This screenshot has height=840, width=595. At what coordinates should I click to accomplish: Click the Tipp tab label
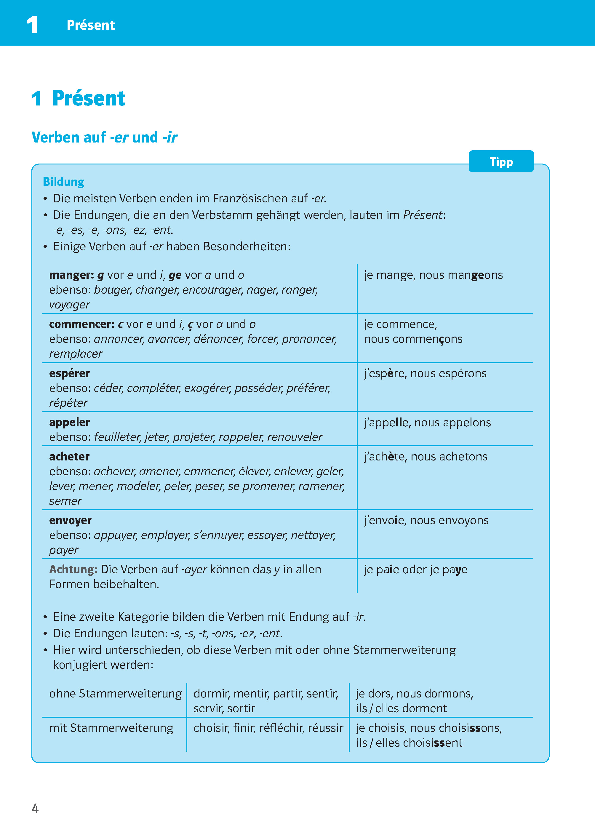point(501,161)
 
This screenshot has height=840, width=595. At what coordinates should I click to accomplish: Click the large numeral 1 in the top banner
point(32,25)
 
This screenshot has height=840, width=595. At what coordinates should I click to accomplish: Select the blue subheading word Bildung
point(63,182)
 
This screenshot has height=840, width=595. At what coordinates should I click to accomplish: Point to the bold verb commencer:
point(82,324)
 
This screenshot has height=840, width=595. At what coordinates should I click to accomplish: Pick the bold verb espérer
point(69,373)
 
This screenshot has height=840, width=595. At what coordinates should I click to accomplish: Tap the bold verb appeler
point(69,423)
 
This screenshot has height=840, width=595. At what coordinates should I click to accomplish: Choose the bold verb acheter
point(69,457)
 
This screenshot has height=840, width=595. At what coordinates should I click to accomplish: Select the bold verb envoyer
point(70,520)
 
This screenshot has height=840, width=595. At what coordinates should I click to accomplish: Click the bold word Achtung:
point(73,569)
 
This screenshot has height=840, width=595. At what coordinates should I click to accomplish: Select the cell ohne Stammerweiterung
point(115,693)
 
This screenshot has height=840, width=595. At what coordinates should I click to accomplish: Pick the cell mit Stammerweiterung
point(111,728)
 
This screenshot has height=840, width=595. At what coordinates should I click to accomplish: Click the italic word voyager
point(70,305)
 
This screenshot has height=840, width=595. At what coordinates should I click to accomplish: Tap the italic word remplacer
point(76,354)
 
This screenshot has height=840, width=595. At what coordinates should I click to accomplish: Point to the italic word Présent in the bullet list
point(423,215)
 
